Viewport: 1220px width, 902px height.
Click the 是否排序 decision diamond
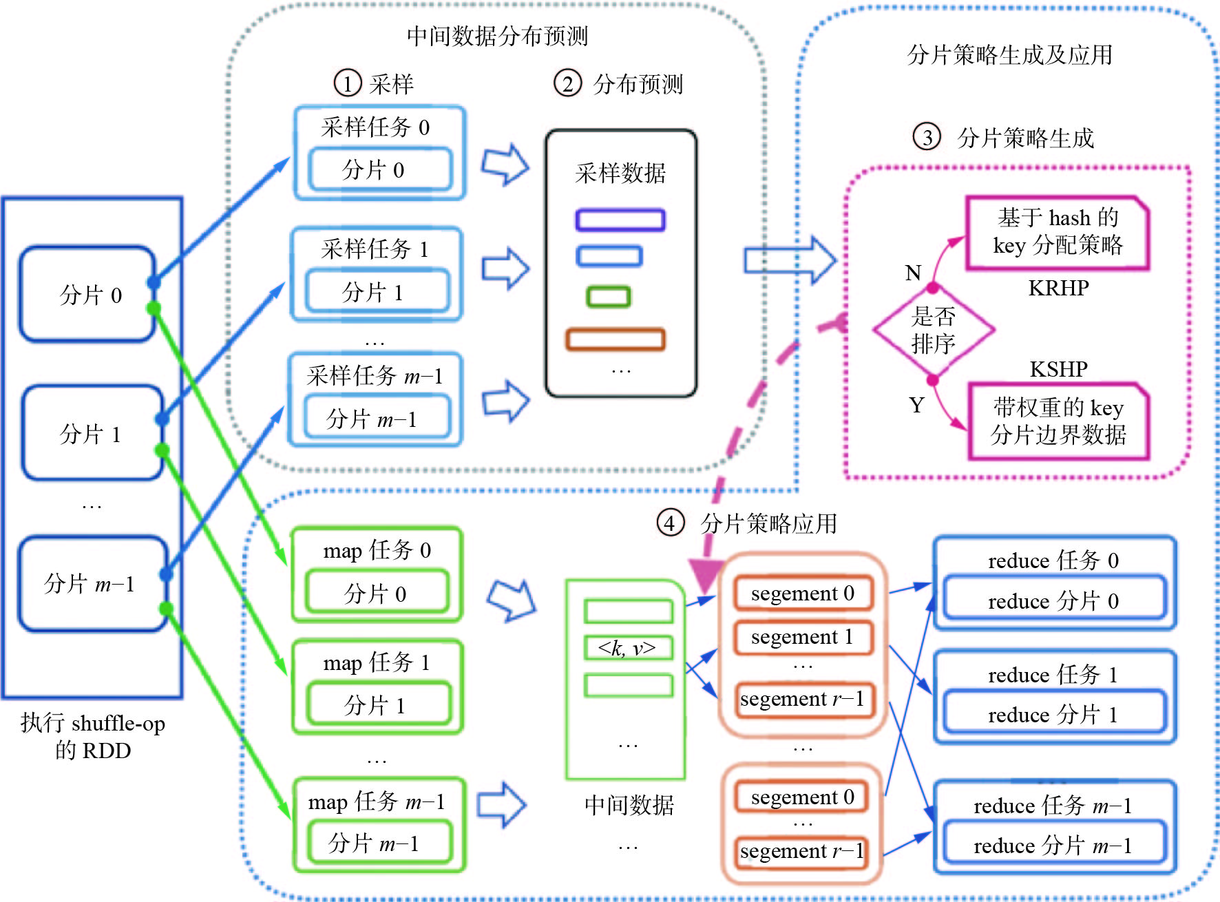933,330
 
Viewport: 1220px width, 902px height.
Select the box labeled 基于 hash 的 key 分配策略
1058,232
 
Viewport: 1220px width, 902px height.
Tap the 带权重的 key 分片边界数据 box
1058,421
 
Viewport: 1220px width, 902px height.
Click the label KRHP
1058,288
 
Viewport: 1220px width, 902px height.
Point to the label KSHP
1058,370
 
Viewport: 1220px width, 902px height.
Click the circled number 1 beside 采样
348,84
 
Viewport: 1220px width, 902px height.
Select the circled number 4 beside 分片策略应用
670,523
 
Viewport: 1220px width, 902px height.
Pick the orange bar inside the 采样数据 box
615,339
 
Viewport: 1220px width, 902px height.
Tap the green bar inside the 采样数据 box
608,297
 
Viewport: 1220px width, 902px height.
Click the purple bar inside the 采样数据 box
620,220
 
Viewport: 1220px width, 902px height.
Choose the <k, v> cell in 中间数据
628,648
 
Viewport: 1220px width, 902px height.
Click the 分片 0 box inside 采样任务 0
380,169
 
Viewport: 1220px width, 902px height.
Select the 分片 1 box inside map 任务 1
378,704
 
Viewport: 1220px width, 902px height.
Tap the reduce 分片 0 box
1053,600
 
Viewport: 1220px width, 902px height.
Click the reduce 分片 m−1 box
1053,845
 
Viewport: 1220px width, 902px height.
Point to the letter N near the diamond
913,273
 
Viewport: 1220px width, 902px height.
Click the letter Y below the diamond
916,405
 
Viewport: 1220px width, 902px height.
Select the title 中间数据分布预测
497,36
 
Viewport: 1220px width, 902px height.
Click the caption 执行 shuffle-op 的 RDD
93,736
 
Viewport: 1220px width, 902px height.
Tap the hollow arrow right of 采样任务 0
505,165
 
